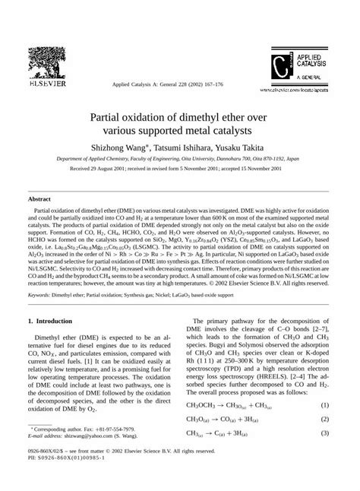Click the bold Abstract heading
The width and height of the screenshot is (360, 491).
click(x=39, y=197)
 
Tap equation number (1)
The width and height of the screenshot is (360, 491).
click(x=324, y=406)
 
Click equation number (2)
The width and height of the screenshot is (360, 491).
click(x=324, y=420)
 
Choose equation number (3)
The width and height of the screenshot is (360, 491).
click(x=324, y=433)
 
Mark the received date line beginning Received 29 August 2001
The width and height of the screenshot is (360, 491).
click(x=179, y=171)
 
